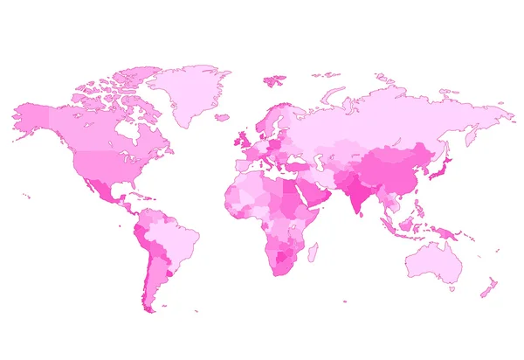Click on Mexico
[x=103, y=187]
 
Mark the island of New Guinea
[x=451, y=232]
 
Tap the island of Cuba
[x=131, y=195]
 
